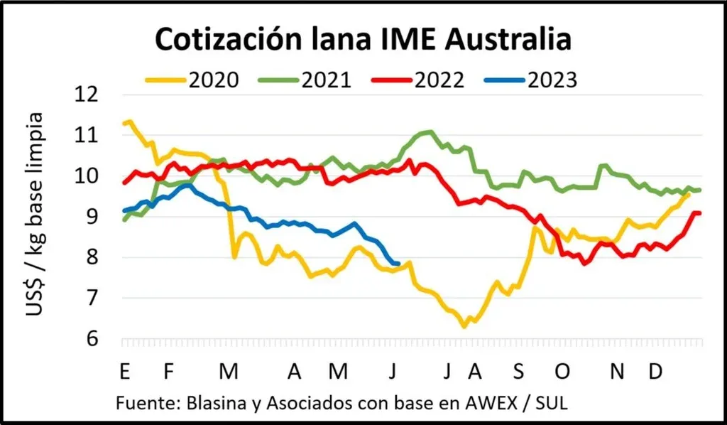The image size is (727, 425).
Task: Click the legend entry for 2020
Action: coord(192,80)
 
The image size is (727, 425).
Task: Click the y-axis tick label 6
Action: coord(95,339)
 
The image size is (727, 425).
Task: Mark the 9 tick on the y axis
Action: coord(95,217)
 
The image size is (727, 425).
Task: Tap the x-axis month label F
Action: coord(168,371)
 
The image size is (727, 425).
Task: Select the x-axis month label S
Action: coord(518,371)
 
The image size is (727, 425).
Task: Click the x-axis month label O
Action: coord(563,371)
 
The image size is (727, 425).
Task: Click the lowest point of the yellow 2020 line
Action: coord(464,326)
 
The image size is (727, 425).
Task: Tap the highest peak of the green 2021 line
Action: coord(428,131)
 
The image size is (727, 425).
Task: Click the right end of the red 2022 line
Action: coord(699,212)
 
